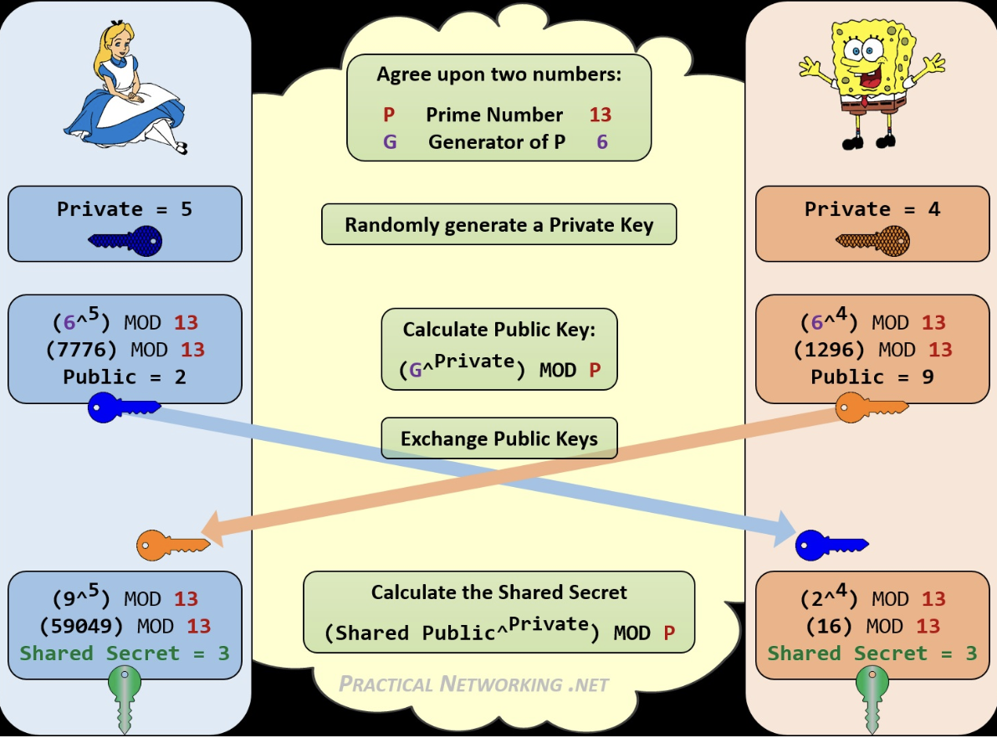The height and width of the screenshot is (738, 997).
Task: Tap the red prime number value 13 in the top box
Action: (600, 115)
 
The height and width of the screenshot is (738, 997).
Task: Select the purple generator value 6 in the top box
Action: (602, 142)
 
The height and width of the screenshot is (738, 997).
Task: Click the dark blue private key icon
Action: (125, 242)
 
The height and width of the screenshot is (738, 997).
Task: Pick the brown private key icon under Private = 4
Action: (873, 241)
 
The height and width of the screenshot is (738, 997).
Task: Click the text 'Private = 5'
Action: (125, 209)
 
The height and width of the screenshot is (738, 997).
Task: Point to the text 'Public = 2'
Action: (125, 377)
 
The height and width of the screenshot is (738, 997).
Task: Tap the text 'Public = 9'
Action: (872, 377)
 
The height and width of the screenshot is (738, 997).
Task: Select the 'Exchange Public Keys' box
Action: (499, 438)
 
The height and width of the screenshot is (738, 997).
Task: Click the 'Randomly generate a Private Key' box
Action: (499, 225)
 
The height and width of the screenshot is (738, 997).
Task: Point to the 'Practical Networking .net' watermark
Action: (474, 684)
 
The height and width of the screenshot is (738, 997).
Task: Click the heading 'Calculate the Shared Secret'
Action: (499, 592)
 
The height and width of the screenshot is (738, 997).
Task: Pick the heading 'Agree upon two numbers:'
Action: (499, 74)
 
